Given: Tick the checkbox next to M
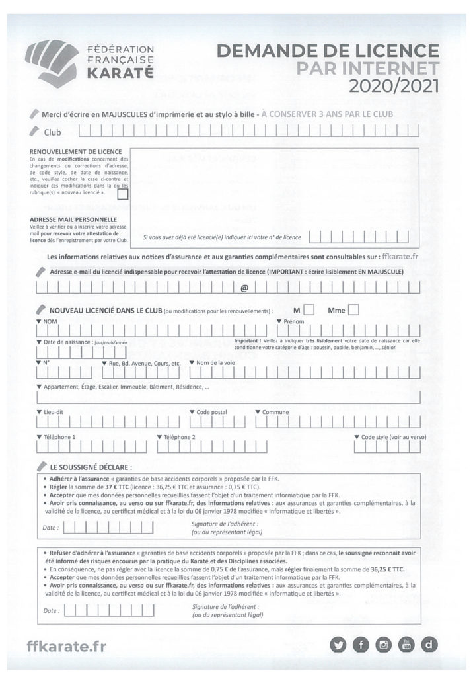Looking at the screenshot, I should tap(309, 309).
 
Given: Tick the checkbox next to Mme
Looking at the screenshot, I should tap(353, 309).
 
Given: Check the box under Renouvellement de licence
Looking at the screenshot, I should tap(123, 194).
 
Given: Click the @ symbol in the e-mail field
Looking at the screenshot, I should tap(244, 288).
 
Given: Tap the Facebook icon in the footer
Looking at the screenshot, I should tap(361, 645).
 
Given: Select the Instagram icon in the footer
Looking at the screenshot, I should tap(384, 645).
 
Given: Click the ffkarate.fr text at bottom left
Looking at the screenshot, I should tap(66, 646).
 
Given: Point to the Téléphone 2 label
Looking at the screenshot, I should tap(179, 437).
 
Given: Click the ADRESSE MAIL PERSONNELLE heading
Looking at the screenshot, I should tap(73, 219).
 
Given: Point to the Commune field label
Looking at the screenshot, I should tap(275, 412).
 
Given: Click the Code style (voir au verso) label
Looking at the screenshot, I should tap(393, 437).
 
